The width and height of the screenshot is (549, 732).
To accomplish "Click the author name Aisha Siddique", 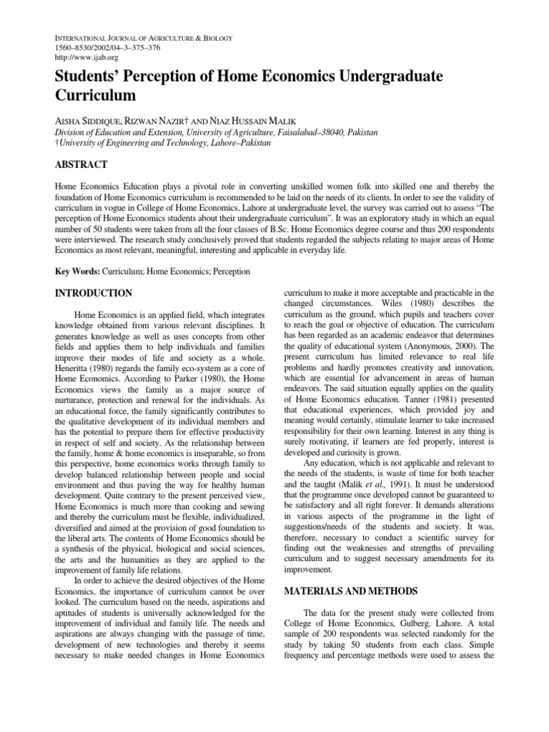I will [88, 120].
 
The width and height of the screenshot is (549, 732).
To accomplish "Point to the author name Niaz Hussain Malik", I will [258, 120].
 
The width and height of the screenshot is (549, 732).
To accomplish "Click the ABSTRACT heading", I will [81, 165].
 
